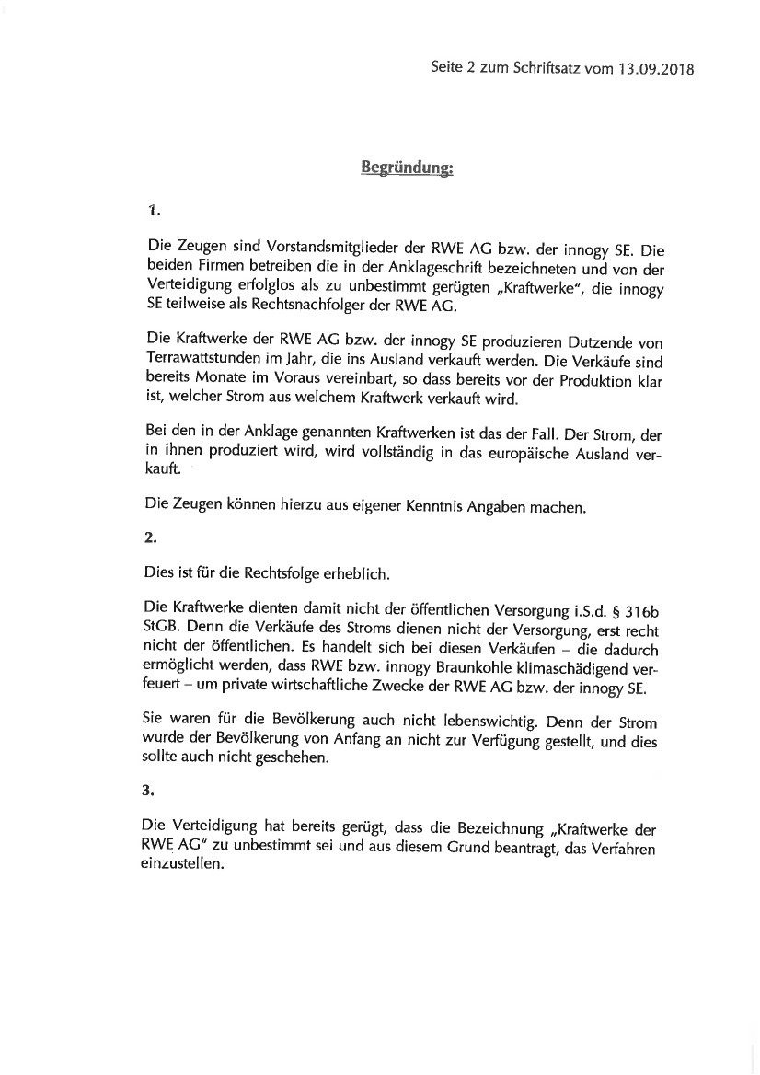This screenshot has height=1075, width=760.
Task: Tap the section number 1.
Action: [154, 210]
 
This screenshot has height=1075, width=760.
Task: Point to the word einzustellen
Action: [184, 866]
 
